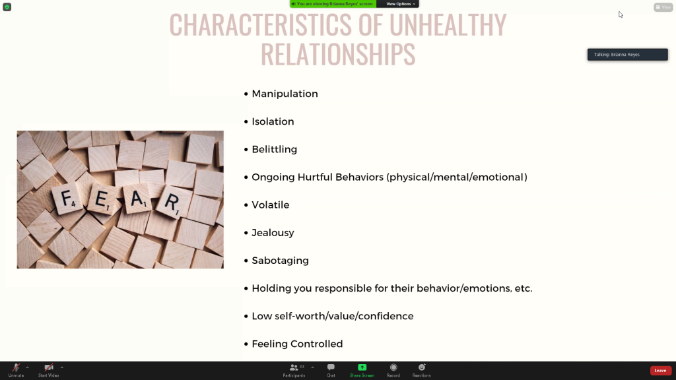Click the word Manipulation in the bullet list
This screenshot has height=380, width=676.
click(285, 94)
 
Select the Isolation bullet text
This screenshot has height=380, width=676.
click(273, 121)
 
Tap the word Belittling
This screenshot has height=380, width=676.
click(274, 150)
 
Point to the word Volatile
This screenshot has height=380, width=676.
click(270, 205)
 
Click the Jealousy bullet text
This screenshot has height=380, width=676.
click(273, 233)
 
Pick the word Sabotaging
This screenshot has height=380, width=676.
click(280, 261)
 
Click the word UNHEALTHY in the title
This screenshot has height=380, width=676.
click(448, 24)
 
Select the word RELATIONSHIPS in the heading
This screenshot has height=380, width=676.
click(338, 54)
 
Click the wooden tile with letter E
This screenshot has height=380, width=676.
click(102, 200)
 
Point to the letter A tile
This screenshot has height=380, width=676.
click(137, 198)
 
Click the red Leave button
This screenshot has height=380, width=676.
click(660, 371)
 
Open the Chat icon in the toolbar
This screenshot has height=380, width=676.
click(331, 367)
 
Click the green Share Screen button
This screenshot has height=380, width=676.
click(362, 367)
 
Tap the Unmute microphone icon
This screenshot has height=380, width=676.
click(16, 367)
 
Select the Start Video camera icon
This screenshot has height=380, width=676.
click(49, 367)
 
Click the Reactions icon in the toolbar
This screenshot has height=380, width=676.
click(422, 367)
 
